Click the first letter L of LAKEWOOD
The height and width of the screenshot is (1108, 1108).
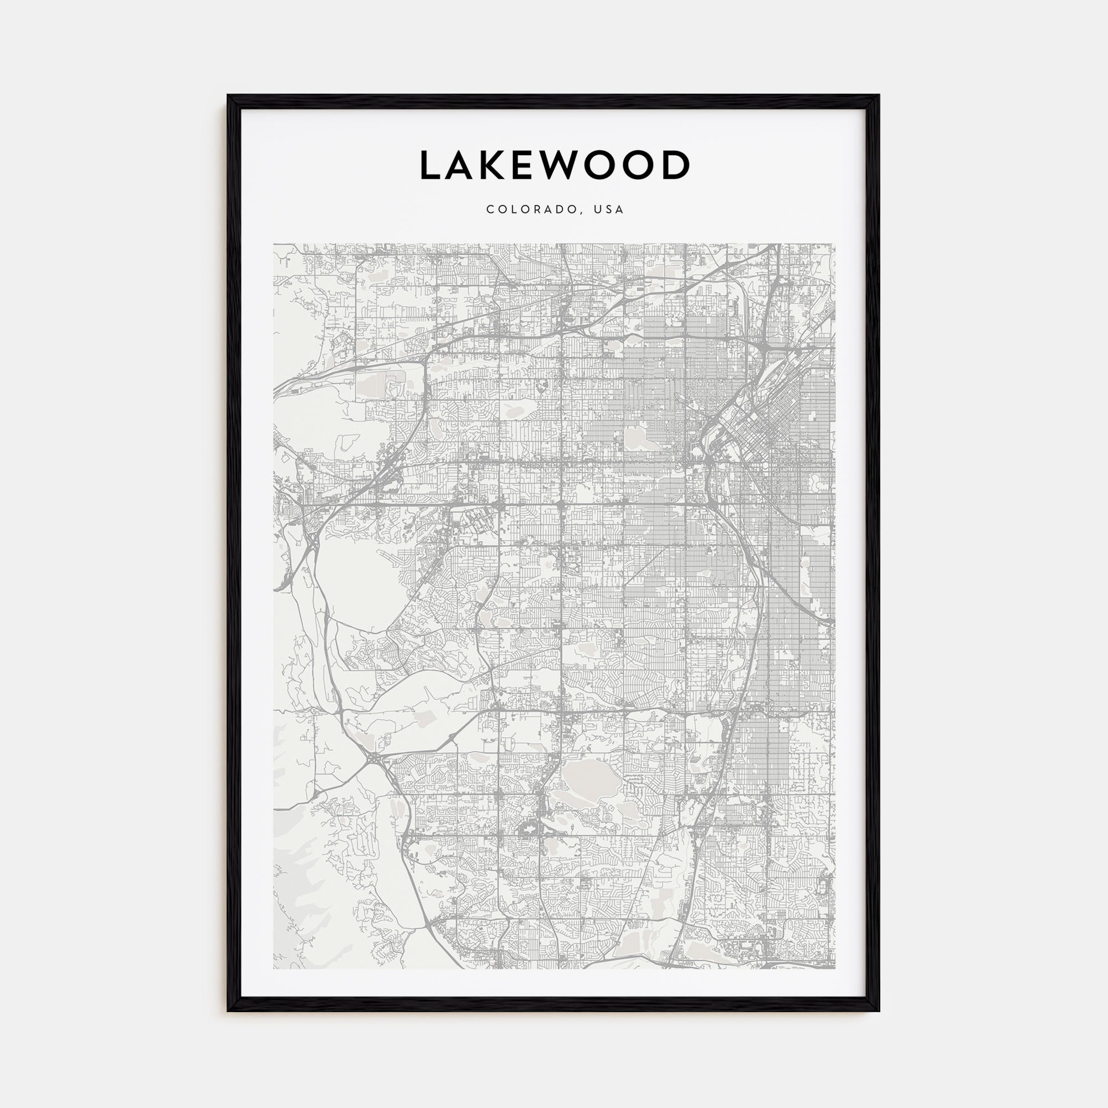430,166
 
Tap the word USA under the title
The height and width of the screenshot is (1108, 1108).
608,210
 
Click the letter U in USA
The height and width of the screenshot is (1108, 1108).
598,210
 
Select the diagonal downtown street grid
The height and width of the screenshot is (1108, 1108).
763,424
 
